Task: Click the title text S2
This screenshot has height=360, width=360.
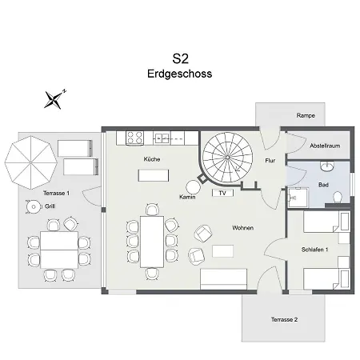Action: pyautogui.click(x=179, y=58)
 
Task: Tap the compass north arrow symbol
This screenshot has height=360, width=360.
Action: pyautogui.click(x=54, y=99)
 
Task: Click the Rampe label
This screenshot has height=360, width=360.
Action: pyautogui.click(x=305, y=115)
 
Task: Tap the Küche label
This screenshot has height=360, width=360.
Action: pyautogui.click(x=151, y=160)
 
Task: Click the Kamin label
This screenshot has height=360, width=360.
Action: pyautogui.click(x=188, y=196)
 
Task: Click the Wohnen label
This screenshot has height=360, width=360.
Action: pyautogui.click(x=242, y=228)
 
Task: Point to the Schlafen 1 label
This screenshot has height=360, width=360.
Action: pyautogui.click(x=314, y=250)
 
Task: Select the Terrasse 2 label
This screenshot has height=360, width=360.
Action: pyautogui.click(x=283, y=319)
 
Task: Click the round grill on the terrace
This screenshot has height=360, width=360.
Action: pyautogui.click(x=32, y=206)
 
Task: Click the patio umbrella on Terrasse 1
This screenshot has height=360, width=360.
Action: pyautogui.click(x=29, y=160)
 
